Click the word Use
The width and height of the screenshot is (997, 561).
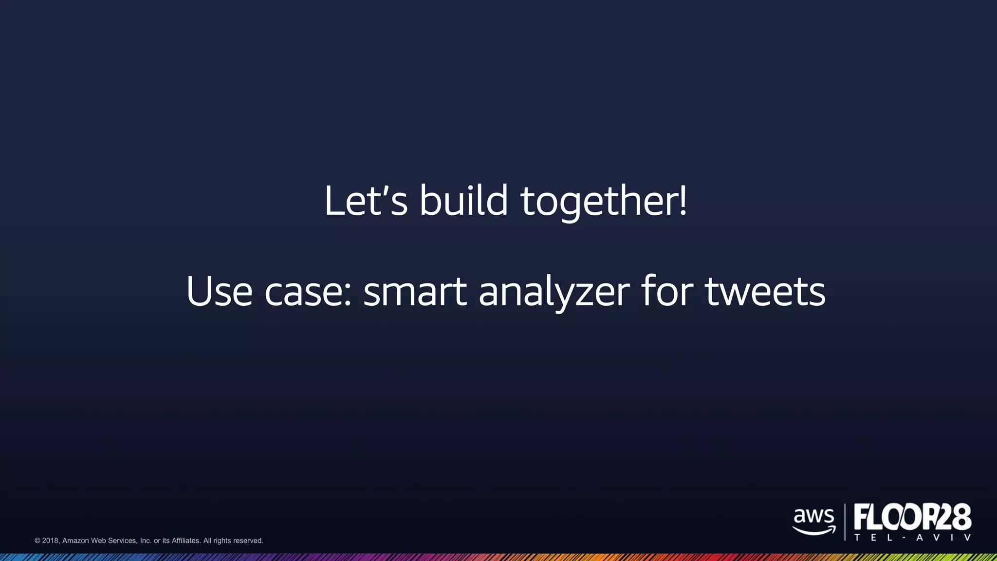click(219, 291)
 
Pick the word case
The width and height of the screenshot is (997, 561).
click(303, 292)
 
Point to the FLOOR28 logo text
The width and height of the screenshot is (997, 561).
click(913, 517)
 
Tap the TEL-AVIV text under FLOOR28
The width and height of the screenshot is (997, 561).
click(913, 538)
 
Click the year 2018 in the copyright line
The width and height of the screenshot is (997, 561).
click(51, 541)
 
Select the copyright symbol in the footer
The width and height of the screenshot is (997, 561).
click(37, 541)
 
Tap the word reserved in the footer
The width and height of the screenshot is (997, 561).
click(248, 541)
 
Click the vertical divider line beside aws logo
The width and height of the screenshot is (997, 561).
click(845, 522)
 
